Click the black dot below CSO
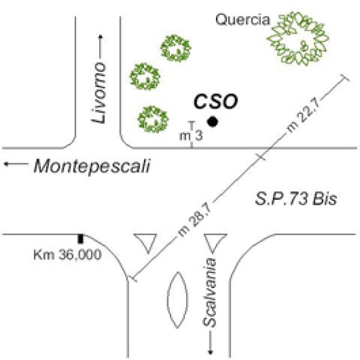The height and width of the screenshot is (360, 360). [212, 122]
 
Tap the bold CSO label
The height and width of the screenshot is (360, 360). [216, 101]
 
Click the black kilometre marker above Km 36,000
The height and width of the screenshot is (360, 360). [80, 238]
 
